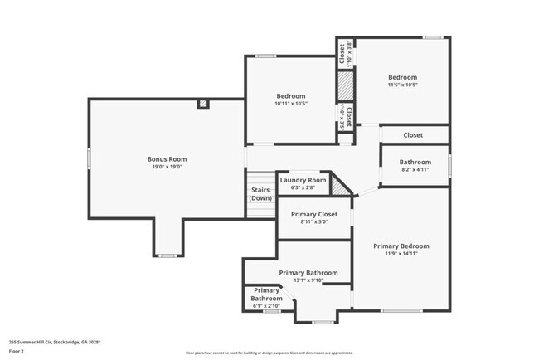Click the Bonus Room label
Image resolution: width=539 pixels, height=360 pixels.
pos(167,158)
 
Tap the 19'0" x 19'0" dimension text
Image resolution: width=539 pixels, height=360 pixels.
pos(167,167)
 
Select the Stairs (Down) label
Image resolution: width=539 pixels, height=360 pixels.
pos(260,194)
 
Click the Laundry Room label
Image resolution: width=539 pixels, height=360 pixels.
pos(303,180)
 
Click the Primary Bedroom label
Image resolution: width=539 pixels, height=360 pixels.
pos(401,246)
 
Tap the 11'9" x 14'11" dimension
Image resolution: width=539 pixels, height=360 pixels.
pos(401,254)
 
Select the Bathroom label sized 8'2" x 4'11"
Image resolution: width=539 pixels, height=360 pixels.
pos(415,162)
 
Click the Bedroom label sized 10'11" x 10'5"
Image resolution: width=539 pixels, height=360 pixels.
pos(290,95)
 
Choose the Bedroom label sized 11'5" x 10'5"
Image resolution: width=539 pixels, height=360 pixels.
pos(402,76)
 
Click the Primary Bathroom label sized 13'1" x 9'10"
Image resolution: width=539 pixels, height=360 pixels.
pos(308,273)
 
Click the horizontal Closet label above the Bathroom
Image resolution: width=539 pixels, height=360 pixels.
pos(413,134)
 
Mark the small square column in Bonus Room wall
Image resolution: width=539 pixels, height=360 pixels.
pos(202,105)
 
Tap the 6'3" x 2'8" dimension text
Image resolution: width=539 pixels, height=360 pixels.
pos(303,188)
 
